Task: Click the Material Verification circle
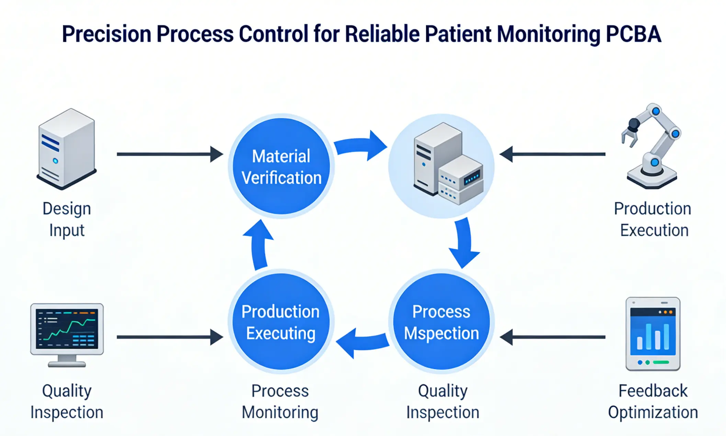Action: tap(281, 166)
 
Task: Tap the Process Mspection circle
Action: tap(441, 322)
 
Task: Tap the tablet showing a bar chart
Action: tap(653, 334)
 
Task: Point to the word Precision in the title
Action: tap(106, 34)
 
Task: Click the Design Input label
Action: tap(67, 219)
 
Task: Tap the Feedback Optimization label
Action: tap(653, 401)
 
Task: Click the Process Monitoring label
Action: tap(280, 401)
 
